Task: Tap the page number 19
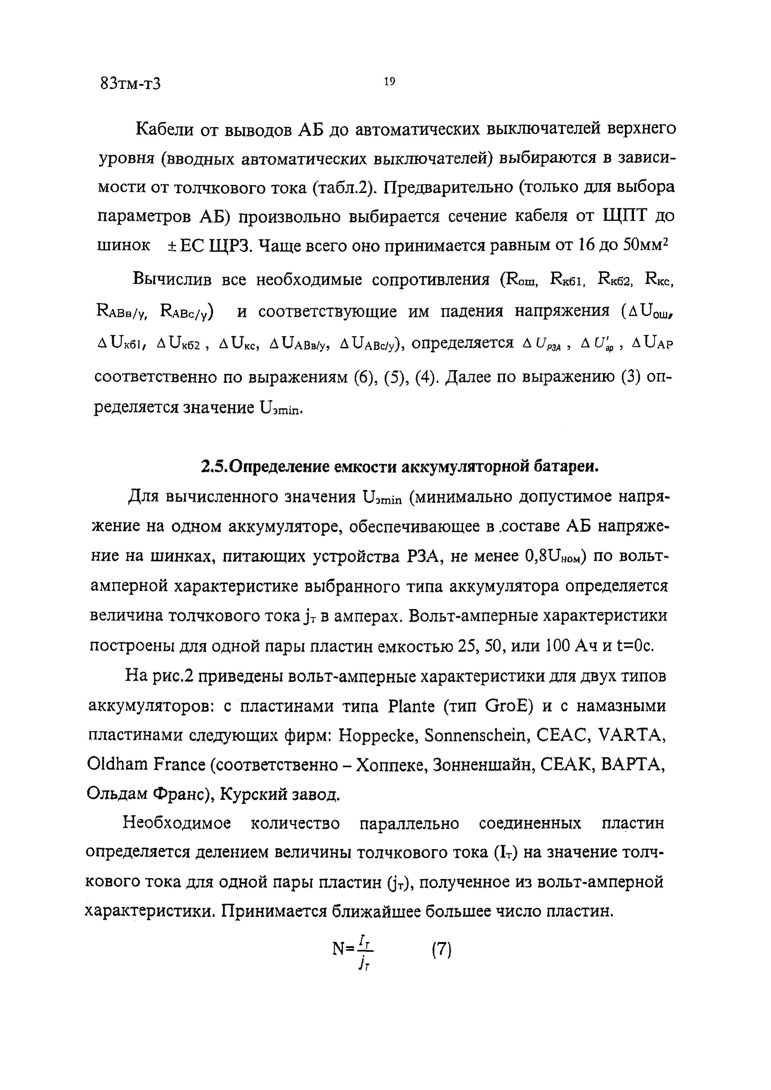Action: click(x=389, y=82)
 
